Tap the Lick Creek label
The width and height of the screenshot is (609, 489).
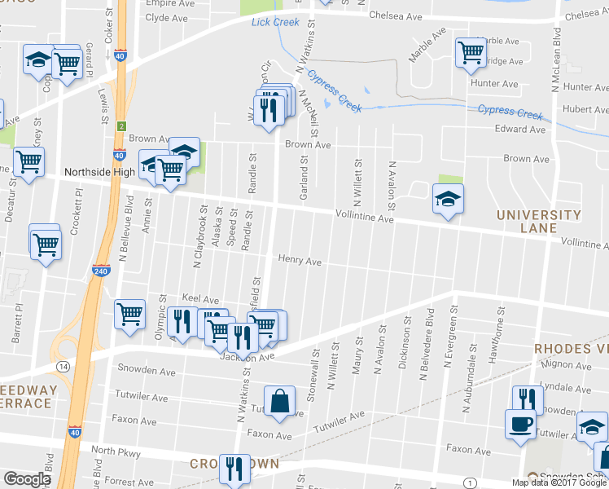pos(275,21)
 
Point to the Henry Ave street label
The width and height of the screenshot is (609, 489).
pos(300,262)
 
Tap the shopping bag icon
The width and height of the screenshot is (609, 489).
pos(279,401)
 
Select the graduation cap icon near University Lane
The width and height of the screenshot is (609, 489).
pos(447,199)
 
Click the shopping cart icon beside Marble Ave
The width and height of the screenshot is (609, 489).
pos(471,52)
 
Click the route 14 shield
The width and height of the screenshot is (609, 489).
pos(64,367)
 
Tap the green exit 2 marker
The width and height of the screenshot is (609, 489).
pos(120,126)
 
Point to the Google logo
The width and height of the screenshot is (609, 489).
pos(27,479)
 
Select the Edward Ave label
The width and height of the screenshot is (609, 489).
pos(519,130)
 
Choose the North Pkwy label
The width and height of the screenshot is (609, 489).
pos(116,452)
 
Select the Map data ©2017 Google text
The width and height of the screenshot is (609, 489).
pos(559,482)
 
